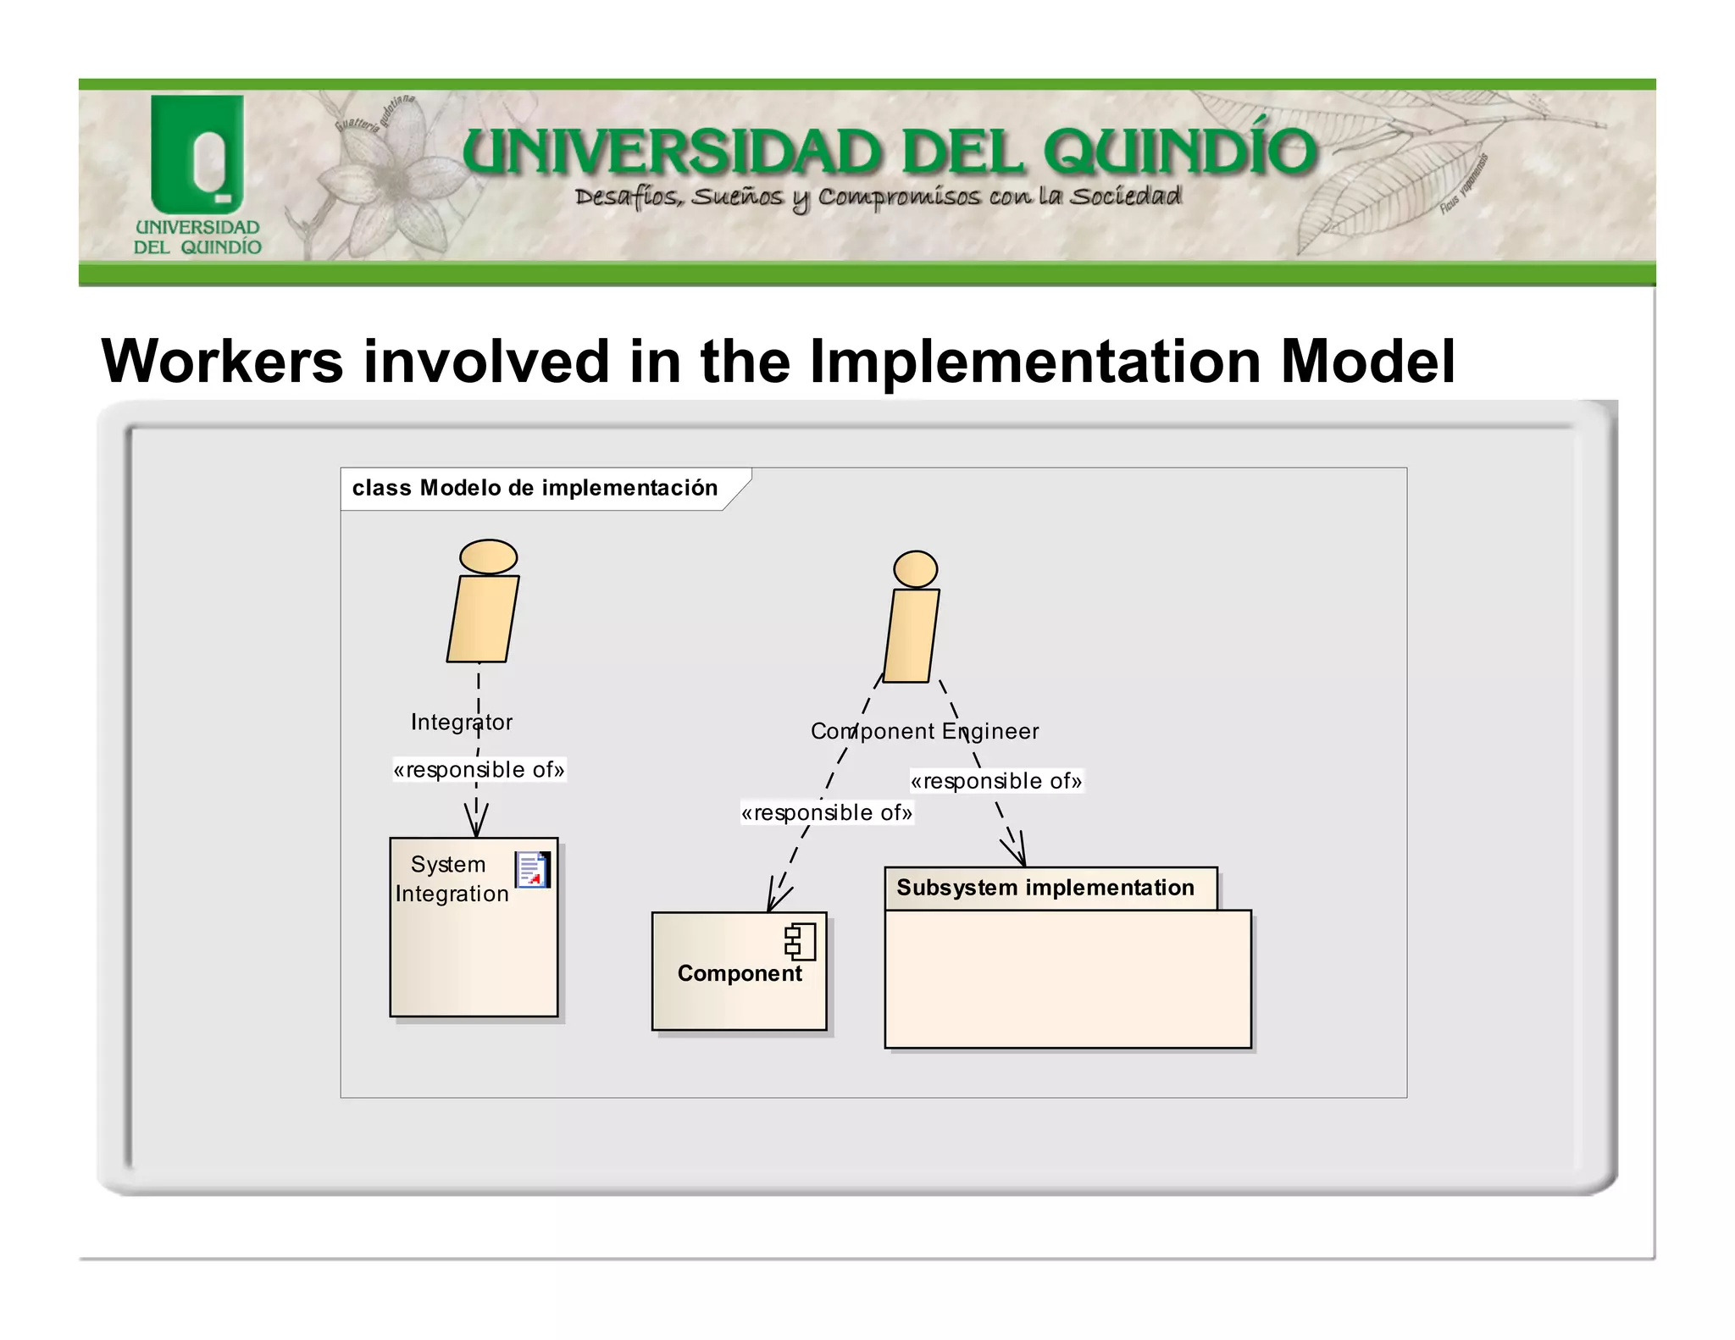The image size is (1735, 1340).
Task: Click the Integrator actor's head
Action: [x=488, y=557]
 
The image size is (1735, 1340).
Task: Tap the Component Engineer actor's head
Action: [x=915, y=569]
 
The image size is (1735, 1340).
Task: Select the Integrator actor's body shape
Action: [x=483, y=619]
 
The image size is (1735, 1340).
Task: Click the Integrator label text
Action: [x=461, y=723]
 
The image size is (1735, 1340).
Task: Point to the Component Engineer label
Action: [x=924, y=731]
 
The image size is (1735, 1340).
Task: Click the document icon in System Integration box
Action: [x=532, y=870]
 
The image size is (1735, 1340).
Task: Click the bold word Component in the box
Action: [x=739, y=974]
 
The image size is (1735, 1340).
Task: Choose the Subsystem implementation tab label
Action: [x=1045, y=888]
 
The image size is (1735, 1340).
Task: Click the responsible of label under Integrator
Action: [x=479, y=770]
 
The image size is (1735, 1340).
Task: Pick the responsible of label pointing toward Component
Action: [x=826, y=813]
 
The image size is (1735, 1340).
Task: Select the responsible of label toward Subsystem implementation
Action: [x=996, y=781]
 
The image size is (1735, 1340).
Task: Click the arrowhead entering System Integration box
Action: [x=476, y=823]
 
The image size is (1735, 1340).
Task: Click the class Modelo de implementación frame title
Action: [x=535, y=489]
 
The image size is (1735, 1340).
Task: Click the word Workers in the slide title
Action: [x=222, y=362]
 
